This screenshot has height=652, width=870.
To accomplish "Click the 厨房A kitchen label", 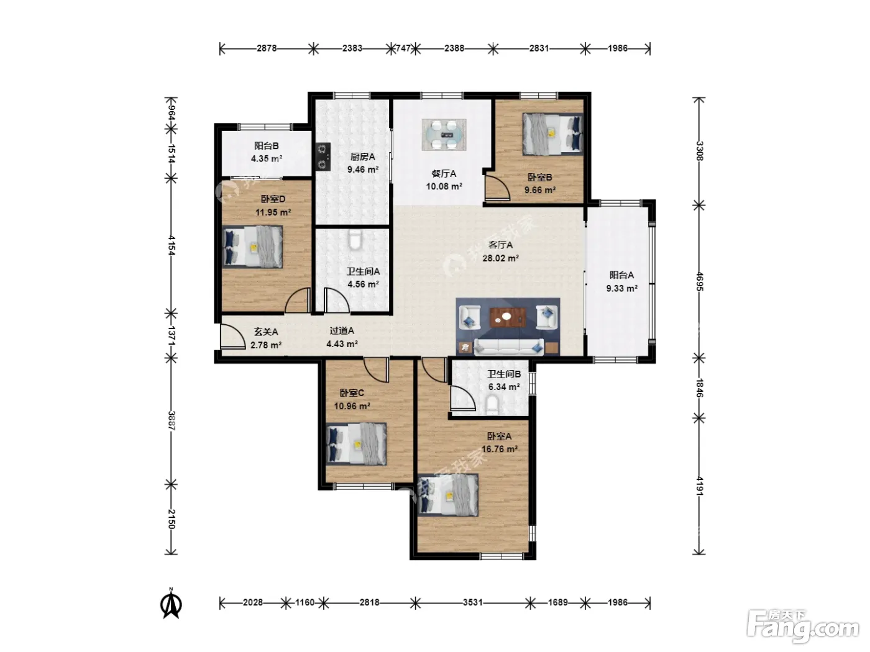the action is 362,156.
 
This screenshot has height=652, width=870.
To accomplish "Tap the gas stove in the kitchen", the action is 323,156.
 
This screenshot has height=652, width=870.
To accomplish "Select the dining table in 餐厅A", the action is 444,135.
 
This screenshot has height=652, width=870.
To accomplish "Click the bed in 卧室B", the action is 552,134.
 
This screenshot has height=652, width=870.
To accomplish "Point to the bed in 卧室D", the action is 252,247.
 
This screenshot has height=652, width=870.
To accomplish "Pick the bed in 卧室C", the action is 356,444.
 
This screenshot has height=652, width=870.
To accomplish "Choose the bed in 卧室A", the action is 448,495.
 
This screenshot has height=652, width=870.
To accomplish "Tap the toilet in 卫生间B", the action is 492,405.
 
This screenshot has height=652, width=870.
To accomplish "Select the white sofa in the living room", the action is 509,346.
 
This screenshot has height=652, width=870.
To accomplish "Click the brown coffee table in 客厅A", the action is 508,317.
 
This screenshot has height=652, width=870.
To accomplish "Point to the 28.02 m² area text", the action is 501,258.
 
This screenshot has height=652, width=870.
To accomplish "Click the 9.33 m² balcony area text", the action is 622,288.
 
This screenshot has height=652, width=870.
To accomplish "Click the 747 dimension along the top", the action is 403,48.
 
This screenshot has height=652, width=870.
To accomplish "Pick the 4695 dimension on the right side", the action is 699,281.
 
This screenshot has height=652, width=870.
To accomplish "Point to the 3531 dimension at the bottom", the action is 472,602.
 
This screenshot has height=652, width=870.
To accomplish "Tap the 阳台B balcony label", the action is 267,146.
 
